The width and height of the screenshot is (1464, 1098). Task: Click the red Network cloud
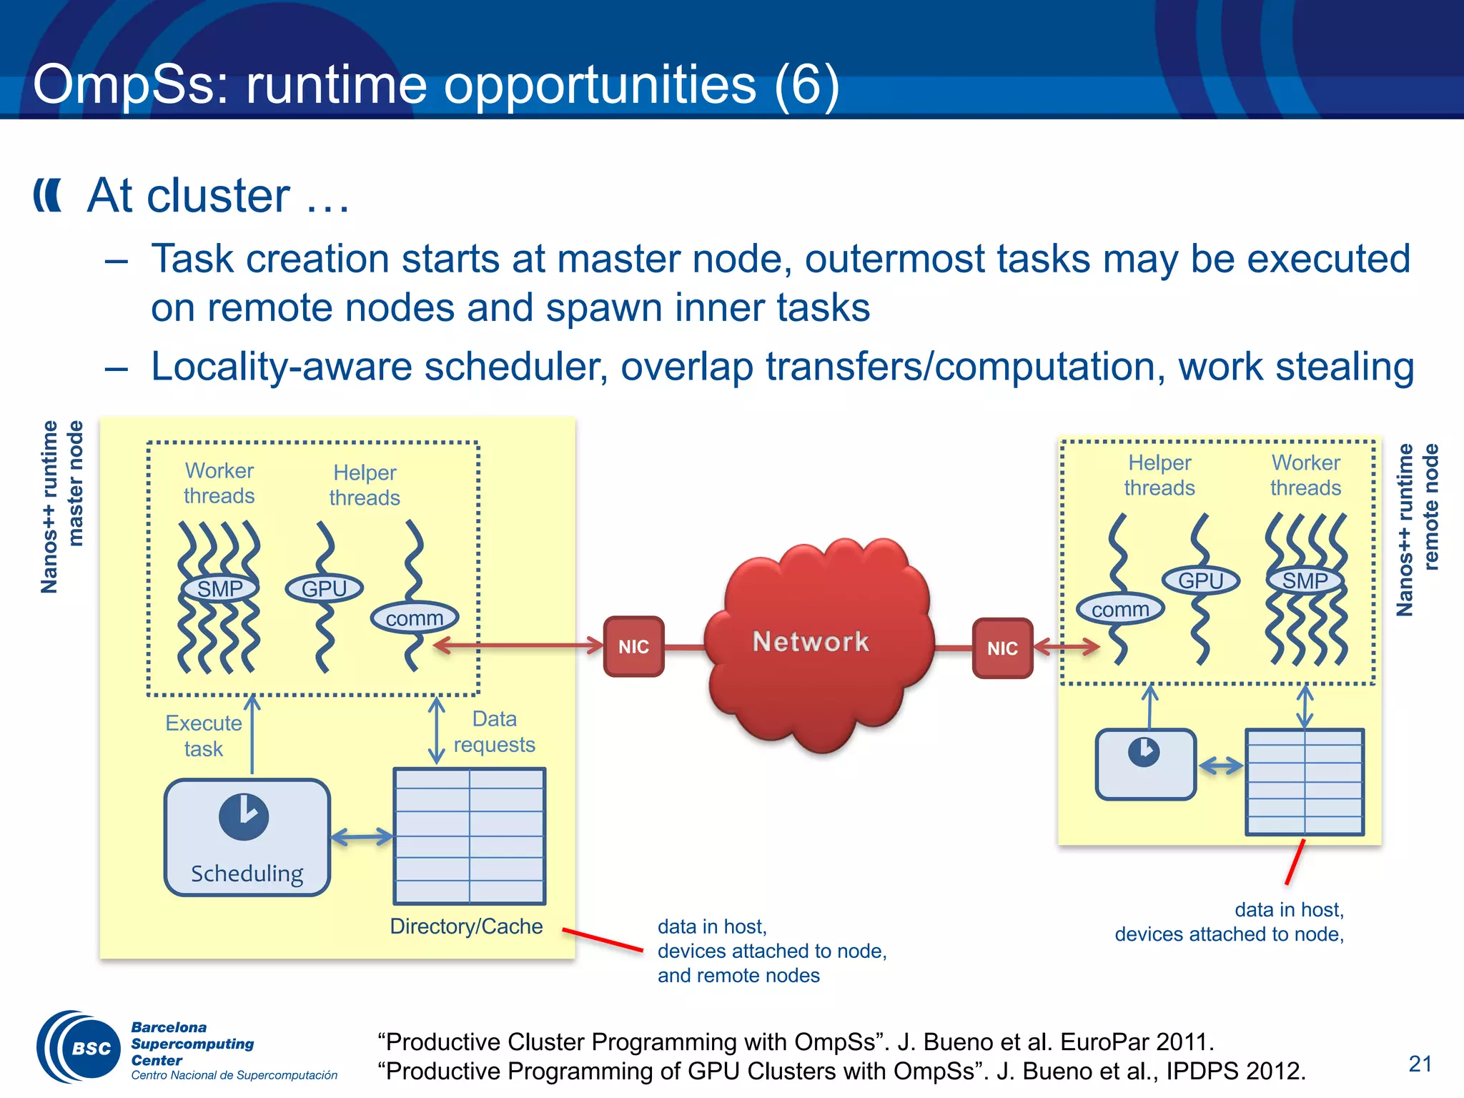pos(818,643)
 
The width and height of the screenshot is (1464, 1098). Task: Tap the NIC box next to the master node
pos(633,646)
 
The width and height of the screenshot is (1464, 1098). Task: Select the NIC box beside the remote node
pos(1002,648)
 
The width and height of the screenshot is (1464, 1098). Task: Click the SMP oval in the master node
pos(219,588)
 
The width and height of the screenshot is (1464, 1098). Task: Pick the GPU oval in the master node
pos(324,588)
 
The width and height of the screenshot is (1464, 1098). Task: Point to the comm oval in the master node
pos(415,618)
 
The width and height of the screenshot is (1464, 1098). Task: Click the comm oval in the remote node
pos(1120,609)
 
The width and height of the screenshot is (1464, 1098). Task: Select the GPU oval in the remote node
pos(1200,580)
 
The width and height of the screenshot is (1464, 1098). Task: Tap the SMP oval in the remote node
pos(1305,580)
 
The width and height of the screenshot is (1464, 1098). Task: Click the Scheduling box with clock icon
pos(247,836)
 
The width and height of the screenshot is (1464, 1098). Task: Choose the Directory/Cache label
pos(466,926)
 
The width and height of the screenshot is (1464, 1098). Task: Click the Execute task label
pos(204,736)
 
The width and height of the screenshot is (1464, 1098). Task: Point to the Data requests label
pos(494,731)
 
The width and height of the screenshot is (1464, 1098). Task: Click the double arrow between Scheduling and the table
pos(362,836)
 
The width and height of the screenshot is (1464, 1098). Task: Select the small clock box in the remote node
pos(1145,763)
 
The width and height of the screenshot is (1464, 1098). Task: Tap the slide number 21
pos(1420,1064)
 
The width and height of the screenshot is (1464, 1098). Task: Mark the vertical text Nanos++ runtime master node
pos(61,506)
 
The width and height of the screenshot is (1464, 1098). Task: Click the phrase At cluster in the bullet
pos(189,195)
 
